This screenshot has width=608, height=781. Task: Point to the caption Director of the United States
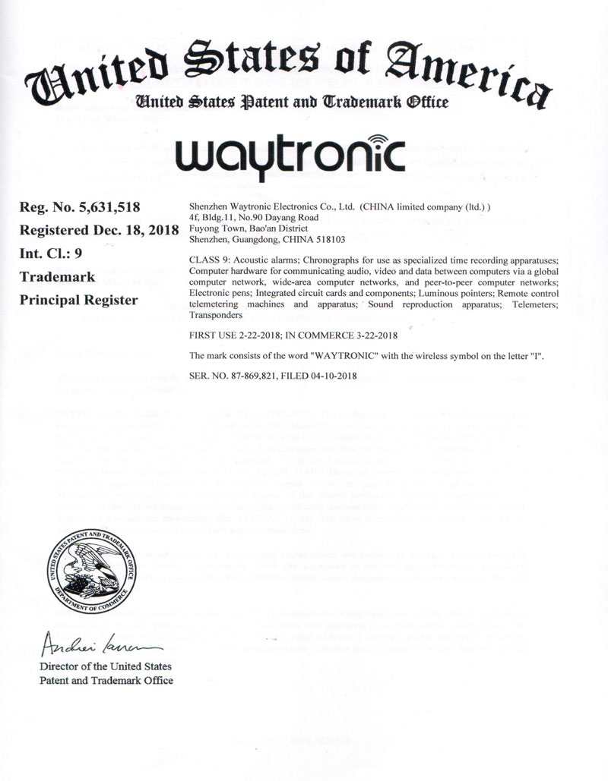pyautogui.click(x=106, y=667)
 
